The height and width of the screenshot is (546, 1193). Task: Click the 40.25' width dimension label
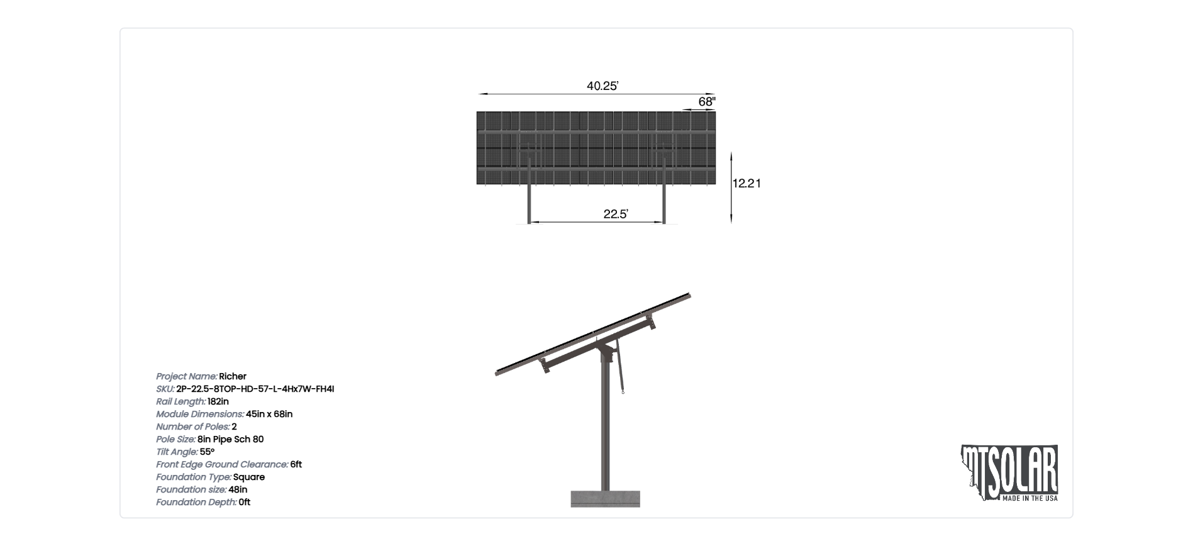click(602, 86)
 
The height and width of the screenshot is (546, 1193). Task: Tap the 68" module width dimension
click(707, 102)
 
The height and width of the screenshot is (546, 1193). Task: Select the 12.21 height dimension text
click(746, 183)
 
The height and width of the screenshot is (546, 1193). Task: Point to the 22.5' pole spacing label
click(616, 214)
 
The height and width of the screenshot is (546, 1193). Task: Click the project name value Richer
click(233, 376)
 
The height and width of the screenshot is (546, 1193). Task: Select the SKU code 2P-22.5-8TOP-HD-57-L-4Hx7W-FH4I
click(255, 389)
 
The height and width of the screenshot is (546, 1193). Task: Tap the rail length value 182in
click(218, 401)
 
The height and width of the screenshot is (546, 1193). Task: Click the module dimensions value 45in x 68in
click(269, 414)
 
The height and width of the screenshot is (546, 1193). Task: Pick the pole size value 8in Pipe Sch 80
click(231, 439)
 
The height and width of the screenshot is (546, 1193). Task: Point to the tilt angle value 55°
click(207, 452)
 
